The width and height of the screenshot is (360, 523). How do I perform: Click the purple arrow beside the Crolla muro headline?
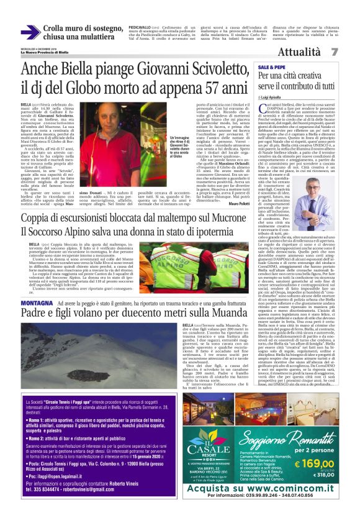click(x=31, y=32)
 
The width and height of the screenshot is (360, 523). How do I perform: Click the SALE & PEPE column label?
click(x=272, y=66)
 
